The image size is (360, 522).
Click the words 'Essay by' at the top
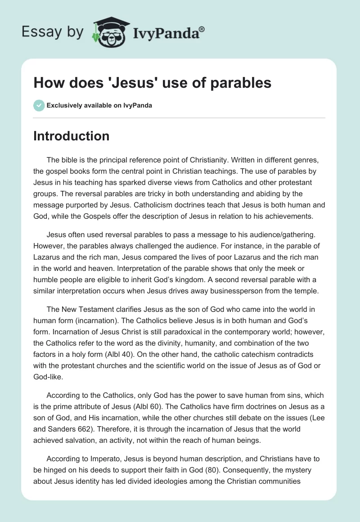pos(53,31)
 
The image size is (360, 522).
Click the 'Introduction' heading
pos(71,136)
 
